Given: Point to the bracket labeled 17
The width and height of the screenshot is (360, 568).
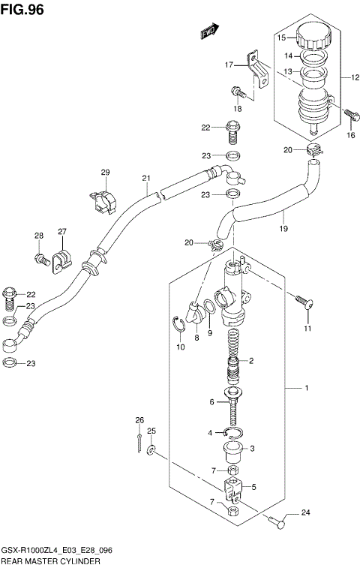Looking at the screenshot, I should click(259, 71).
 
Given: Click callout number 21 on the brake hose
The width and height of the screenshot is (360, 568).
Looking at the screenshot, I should click(147, 178).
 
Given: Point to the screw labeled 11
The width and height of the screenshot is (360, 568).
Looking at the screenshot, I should click(303, 304).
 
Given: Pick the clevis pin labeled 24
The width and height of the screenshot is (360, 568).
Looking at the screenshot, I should click(276, 523).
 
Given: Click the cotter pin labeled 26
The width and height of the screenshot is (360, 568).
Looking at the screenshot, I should click(139, 443).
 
